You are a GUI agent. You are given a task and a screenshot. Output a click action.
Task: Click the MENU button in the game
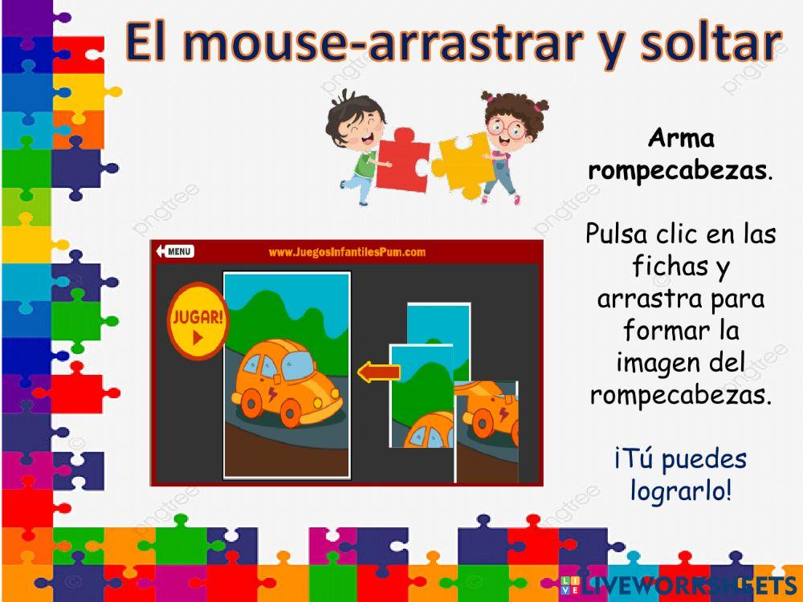[176, 251]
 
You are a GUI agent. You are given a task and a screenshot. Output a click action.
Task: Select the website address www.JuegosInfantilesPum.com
[347, 252]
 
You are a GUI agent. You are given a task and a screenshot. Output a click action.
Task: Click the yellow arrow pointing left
[378, 372]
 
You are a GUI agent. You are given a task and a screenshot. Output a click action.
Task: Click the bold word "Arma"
[681, 139]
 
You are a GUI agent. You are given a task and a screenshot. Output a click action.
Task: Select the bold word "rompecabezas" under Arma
[677, 169]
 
